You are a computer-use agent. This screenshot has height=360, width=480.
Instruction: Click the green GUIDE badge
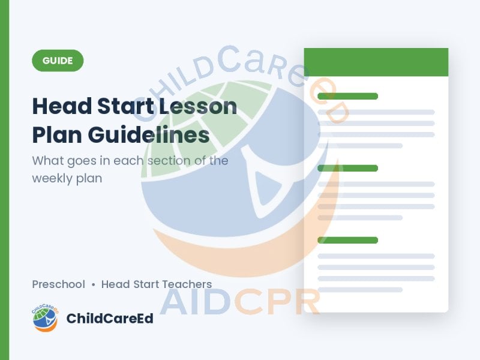click(x=58, y=61)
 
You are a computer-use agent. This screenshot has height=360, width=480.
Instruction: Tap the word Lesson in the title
click(x=198, y=106)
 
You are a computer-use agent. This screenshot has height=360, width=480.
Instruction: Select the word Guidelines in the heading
click(x=149, y=134)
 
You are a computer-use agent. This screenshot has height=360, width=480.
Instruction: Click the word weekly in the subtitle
click(x=52, y=179)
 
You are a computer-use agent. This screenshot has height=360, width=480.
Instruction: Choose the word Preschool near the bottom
click(x=58, y=284)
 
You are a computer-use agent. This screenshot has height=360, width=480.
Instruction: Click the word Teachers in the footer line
click(x=187, y=284)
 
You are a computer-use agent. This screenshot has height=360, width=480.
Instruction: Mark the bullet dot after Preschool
click(x=94, y=285)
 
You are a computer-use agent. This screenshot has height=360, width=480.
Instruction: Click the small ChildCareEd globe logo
click(x=45, y=318)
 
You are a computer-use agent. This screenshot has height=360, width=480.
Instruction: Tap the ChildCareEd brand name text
click(x=110, y=319)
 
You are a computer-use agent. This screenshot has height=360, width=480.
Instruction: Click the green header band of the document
click(x=376, y=62)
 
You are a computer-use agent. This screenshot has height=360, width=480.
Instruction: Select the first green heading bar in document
click(x=348, y=96)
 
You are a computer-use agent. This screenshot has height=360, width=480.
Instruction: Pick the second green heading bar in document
click(x=348, y=168)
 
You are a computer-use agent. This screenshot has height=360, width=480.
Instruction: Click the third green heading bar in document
click(x=348, y=240)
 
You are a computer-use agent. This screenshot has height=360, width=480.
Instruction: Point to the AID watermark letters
click(x=196, y=302)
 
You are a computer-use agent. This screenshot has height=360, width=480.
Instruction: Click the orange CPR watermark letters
click(x=277, y=302)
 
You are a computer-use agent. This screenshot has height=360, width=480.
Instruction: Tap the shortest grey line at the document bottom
click(x=360, y=290)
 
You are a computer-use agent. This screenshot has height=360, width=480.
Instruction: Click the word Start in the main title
click(x=125, y=106)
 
